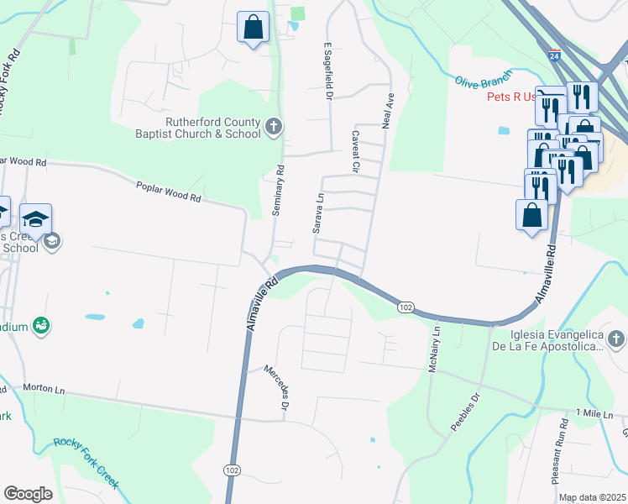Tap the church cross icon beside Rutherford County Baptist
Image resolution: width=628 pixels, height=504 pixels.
point(273,128)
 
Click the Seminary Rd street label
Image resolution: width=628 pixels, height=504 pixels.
point(278,191)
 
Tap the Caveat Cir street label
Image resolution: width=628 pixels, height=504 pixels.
point(356,152)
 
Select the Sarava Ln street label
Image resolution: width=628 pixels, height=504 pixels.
point(318,214)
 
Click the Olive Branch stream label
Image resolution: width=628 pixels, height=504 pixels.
point(483,82)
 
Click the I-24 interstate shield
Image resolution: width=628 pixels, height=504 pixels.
point(554,55)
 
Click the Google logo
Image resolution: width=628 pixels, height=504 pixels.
point(28,494)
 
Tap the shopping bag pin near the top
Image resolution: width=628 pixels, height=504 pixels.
point(253,28)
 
